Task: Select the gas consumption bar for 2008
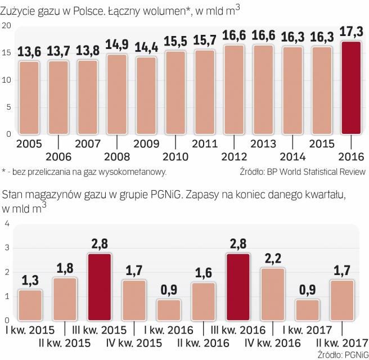(x=118, y=94)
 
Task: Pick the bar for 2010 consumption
(x=177, y=92)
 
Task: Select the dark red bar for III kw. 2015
(x=100, y=287)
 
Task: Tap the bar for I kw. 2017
(x=307, y=310)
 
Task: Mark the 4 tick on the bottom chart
(x=7, y=224)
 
